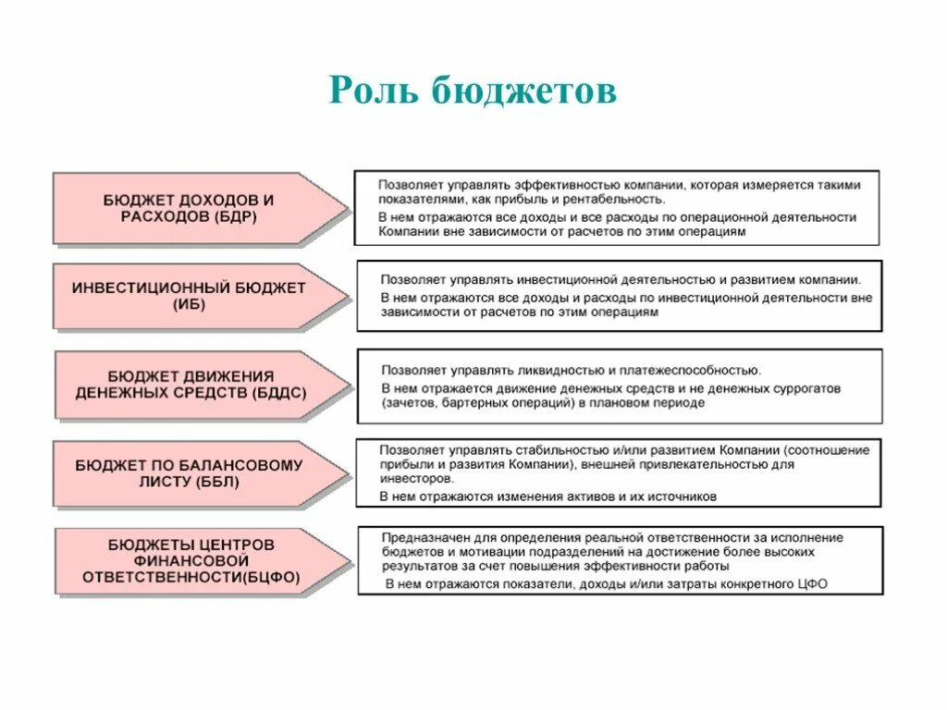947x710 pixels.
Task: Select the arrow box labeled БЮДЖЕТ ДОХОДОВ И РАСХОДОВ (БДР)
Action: [189, 208]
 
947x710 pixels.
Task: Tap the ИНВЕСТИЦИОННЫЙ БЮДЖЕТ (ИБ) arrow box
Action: [189, 296]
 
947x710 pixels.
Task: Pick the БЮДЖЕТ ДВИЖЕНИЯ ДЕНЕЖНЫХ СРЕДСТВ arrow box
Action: [191, 384]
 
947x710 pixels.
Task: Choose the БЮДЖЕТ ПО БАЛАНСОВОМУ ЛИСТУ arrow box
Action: [189, 473]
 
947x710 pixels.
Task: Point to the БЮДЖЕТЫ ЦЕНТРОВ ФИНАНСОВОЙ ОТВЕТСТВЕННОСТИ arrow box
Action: [191, 561]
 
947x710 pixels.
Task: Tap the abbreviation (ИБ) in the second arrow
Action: [189, 305]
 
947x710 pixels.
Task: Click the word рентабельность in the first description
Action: [617, 199]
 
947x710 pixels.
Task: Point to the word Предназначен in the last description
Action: [424, 537]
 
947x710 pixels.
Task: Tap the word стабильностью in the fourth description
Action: [556, 450]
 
